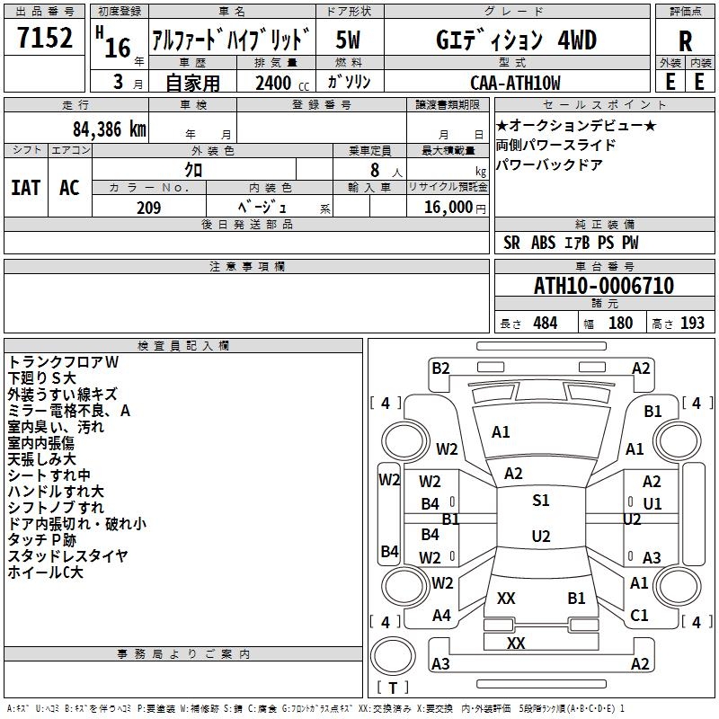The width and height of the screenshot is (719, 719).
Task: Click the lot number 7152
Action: point(45,38)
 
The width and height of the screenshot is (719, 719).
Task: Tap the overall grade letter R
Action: point(685,41)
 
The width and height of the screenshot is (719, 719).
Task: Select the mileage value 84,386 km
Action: point(110,129)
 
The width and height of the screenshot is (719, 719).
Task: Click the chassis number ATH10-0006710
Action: point(604,286)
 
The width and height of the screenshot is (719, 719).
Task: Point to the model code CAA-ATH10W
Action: point(515,83)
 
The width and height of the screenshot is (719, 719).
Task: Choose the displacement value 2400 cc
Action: point(282,83)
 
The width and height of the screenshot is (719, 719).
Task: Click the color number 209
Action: point(149,208)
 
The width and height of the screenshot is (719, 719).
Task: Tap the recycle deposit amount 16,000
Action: point(448,208)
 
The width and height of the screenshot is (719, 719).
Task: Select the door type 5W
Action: point(348,40)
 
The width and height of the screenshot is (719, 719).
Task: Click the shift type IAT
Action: point(26,188)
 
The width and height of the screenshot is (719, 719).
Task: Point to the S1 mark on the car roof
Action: point(541,501)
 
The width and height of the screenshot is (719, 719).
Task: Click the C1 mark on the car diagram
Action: point(639,616)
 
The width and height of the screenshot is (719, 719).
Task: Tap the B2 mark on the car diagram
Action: point(440,368)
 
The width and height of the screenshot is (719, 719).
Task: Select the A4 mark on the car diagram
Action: point(441,616)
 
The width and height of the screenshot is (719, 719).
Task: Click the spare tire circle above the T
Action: point(393,655)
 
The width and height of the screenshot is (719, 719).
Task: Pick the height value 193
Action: point(692,324)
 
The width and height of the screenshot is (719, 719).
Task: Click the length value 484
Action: point(546,324)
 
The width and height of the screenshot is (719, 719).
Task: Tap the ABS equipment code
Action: point(544,243)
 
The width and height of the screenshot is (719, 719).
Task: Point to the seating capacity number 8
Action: point(375,170)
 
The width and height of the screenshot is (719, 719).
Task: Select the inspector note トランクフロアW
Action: point(63,362)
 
